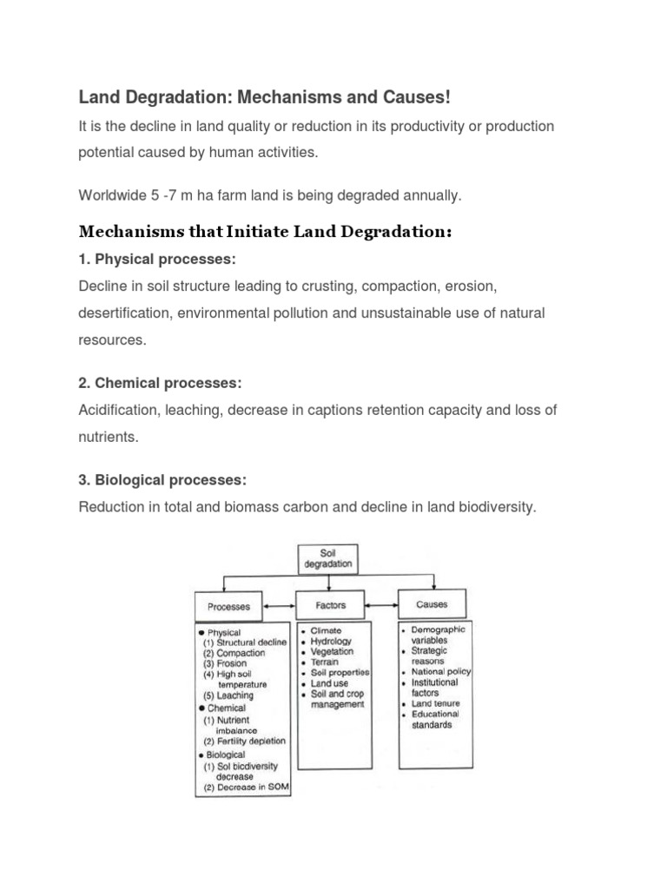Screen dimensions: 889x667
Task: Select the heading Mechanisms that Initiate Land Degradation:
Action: pyautogui.click(x=265, y=232)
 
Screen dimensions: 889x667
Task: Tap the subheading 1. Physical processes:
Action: pyautogui.click(x=157, y=260)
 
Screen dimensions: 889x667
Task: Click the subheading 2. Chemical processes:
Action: pyautogui.click(x=160, y=383)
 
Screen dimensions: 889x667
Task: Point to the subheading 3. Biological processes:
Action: pyautogui.click(x=162, y=479)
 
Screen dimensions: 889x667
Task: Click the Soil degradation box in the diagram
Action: pyautogui.click(x=329, y=557)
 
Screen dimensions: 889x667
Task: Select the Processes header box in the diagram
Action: pyautogui.click(x=229, y=606)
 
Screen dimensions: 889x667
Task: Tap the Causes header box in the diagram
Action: pyautogui.click(x=432, y=604)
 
